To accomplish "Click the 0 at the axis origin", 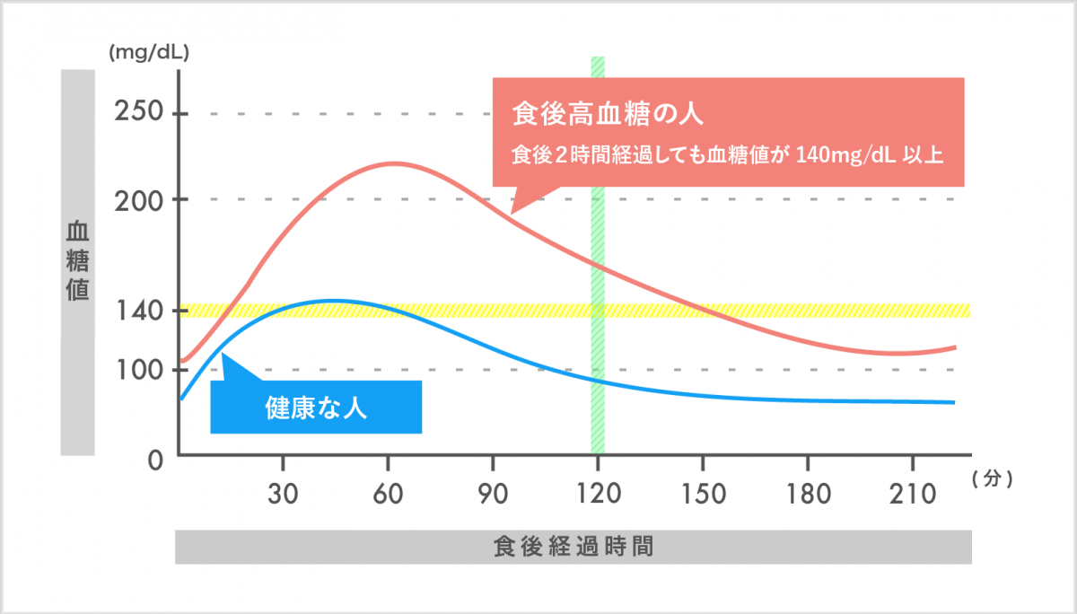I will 154,460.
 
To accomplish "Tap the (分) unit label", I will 992,479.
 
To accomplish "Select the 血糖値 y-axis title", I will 78,261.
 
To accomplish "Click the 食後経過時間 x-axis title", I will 573,546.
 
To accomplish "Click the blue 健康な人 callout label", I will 316,408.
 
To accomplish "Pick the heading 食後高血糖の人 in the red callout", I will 607,114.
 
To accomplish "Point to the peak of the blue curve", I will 332,300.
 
